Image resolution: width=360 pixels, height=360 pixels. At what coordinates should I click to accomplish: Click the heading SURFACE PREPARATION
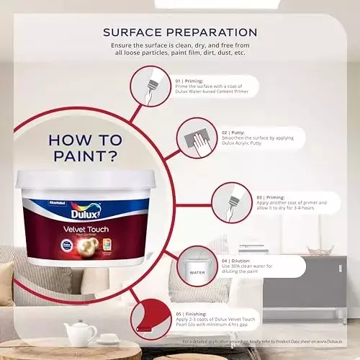180,32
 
